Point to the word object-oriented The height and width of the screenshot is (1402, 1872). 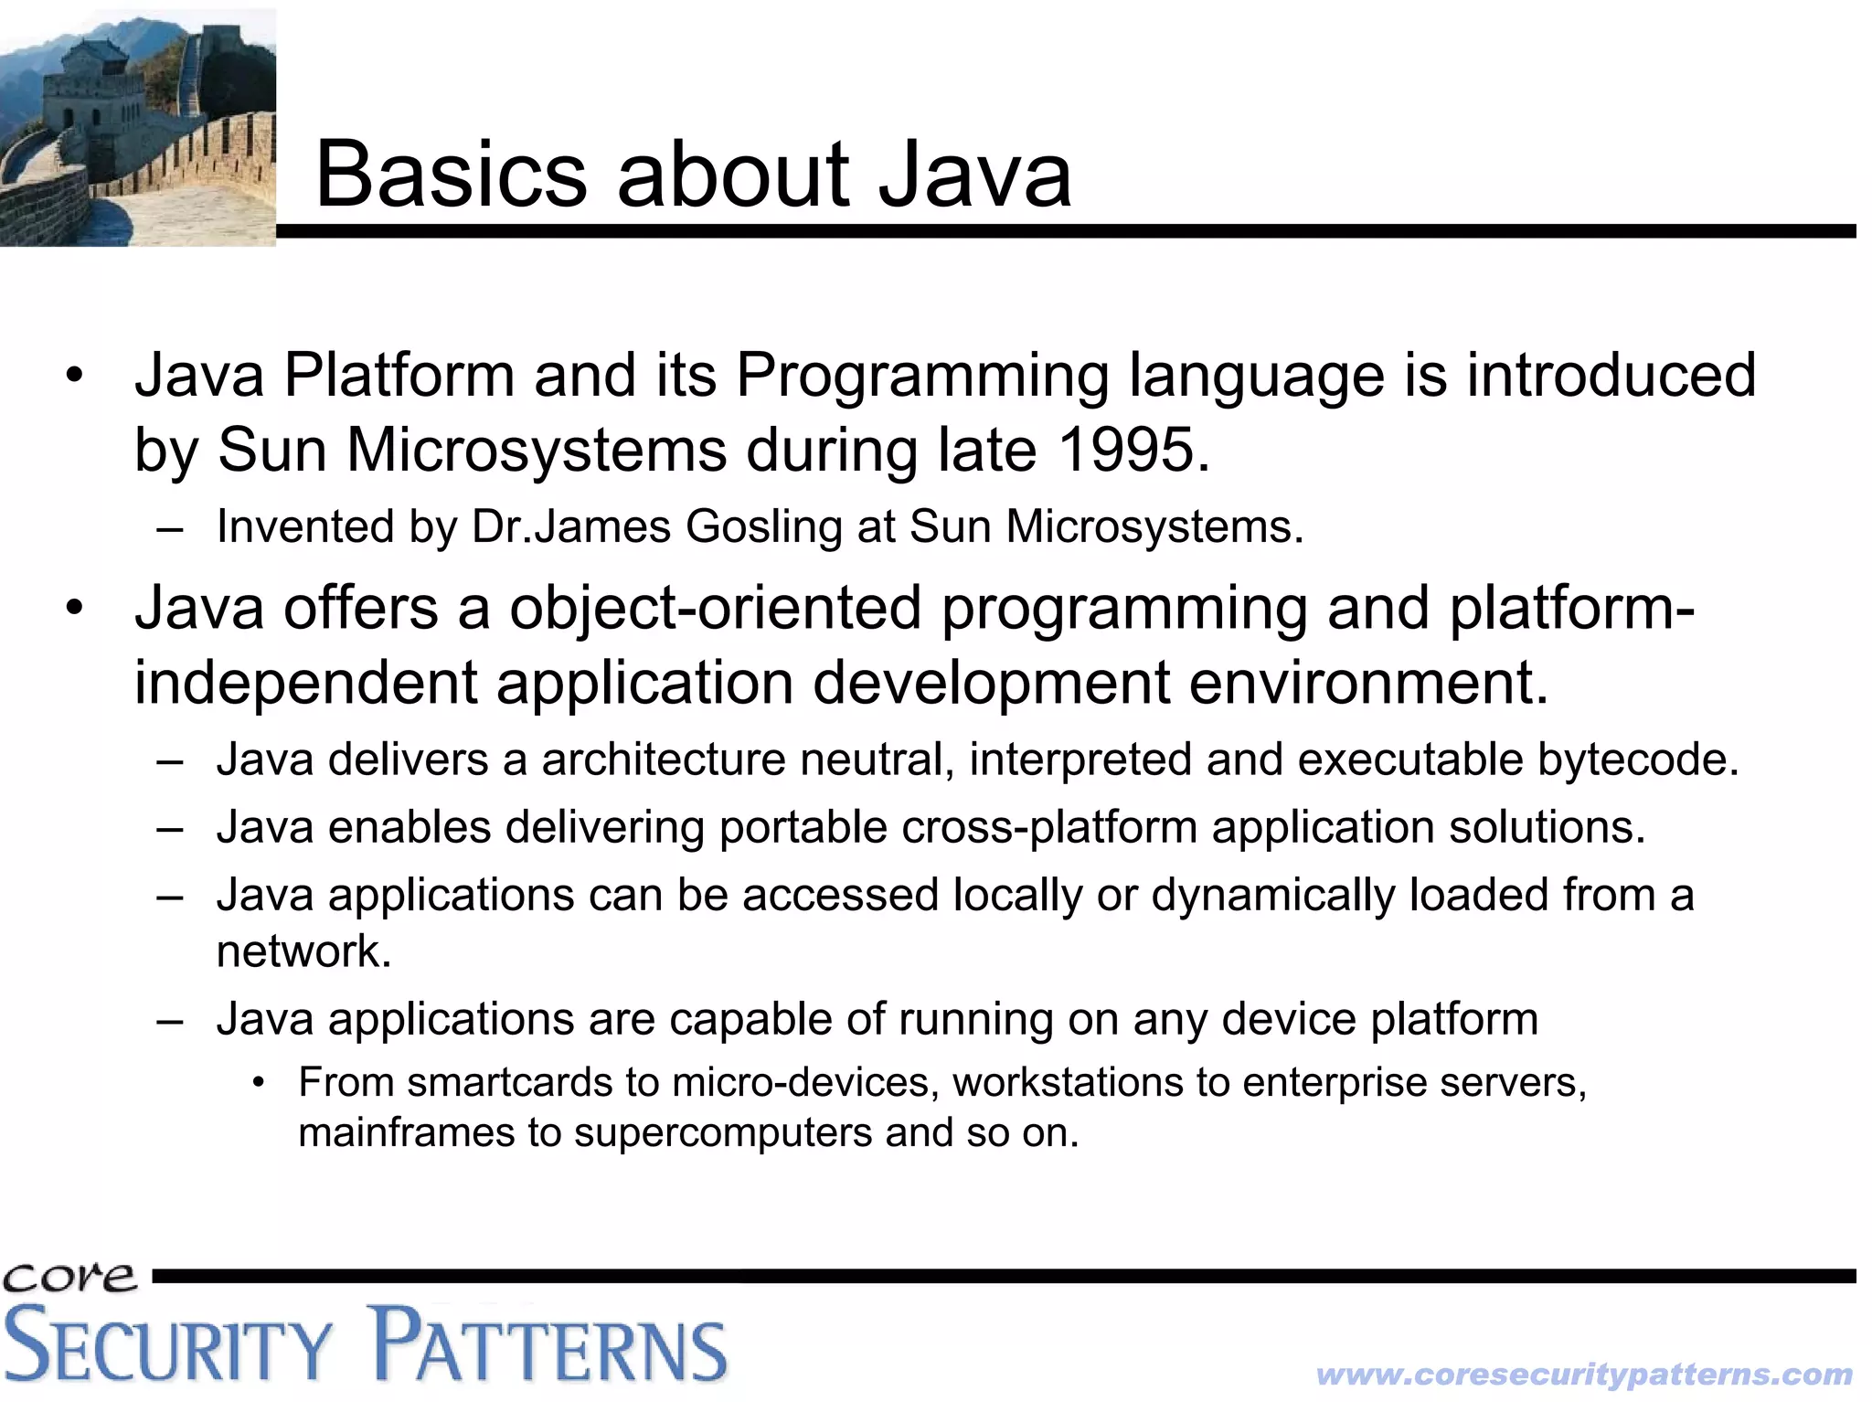click(715, 609)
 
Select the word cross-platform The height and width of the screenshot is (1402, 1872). click(1048, 827)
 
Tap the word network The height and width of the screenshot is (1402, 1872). click(302, 951)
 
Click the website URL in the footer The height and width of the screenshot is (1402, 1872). click(1583, 1375)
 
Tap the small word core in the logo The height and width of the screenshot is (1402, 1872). click(69, 1277)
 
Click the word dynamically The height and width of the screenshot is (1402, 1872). click(1272, 895)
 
